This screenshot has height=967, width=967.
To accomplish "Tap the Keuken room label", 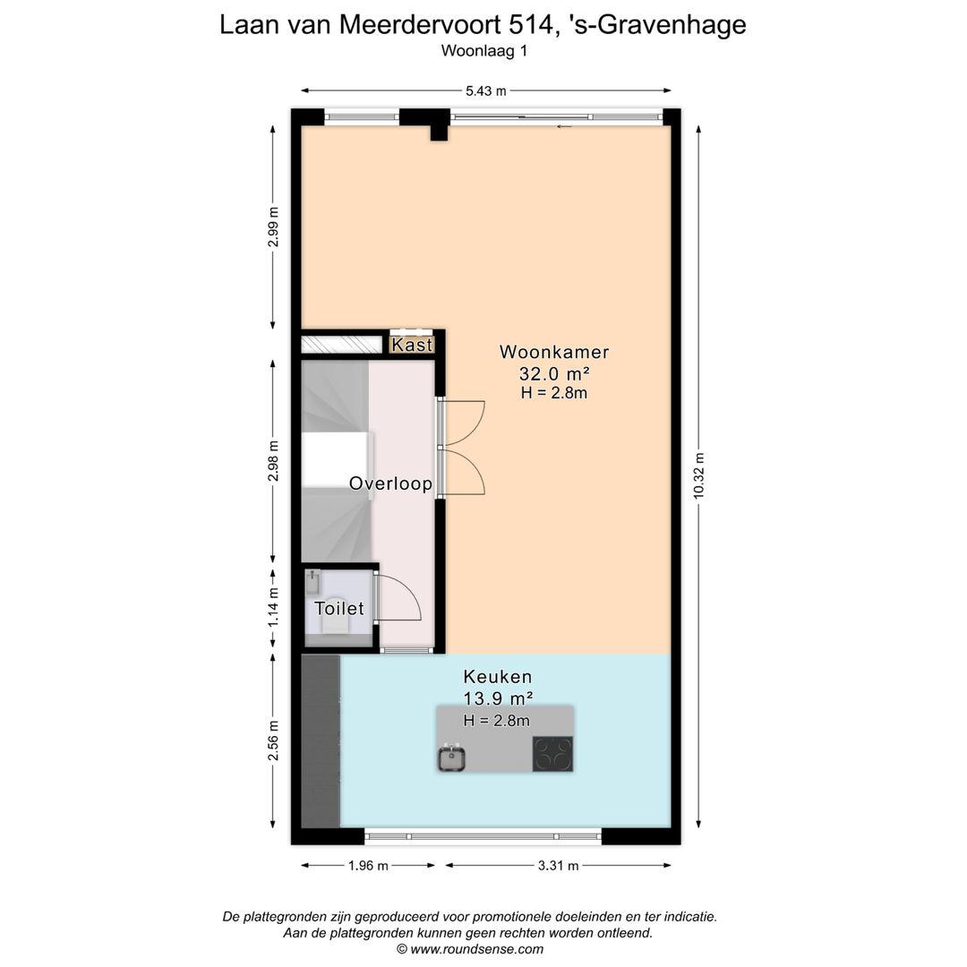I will click(497, 677).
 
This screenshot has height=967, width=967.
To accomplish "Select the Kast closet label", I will click(412, 345).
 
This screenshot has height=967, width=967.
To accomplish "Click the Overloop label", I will click(390, 484).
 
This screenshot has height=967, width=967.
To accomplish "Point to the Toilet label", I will click(338, 609).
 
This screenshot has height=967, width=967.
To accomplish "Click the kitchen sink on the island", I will click(453, 758).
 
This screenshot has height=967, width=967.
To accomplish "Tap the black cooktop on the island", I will click(552, 753).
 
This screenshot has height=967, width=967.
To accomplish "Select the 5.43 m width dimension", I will click(485, 90).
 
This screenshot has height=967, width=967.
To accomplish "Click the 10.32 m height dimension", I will click(699, 475).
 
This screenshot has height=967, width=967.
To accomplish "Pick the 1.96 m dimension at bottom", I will click(367, 866).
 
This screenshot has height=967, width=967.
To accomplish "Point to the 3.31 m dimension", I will click(557, 866).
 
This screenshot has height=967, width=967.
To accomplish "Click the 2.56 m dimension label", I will click(274, 740).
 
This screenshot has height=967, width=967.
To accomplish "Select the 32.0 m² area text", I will click(553, 373).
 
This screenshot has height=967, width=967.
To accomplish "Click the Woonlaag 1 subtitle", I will click(483, 51).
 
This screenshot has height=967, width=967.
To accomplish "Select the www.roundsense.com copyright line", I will click(469, 948).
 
